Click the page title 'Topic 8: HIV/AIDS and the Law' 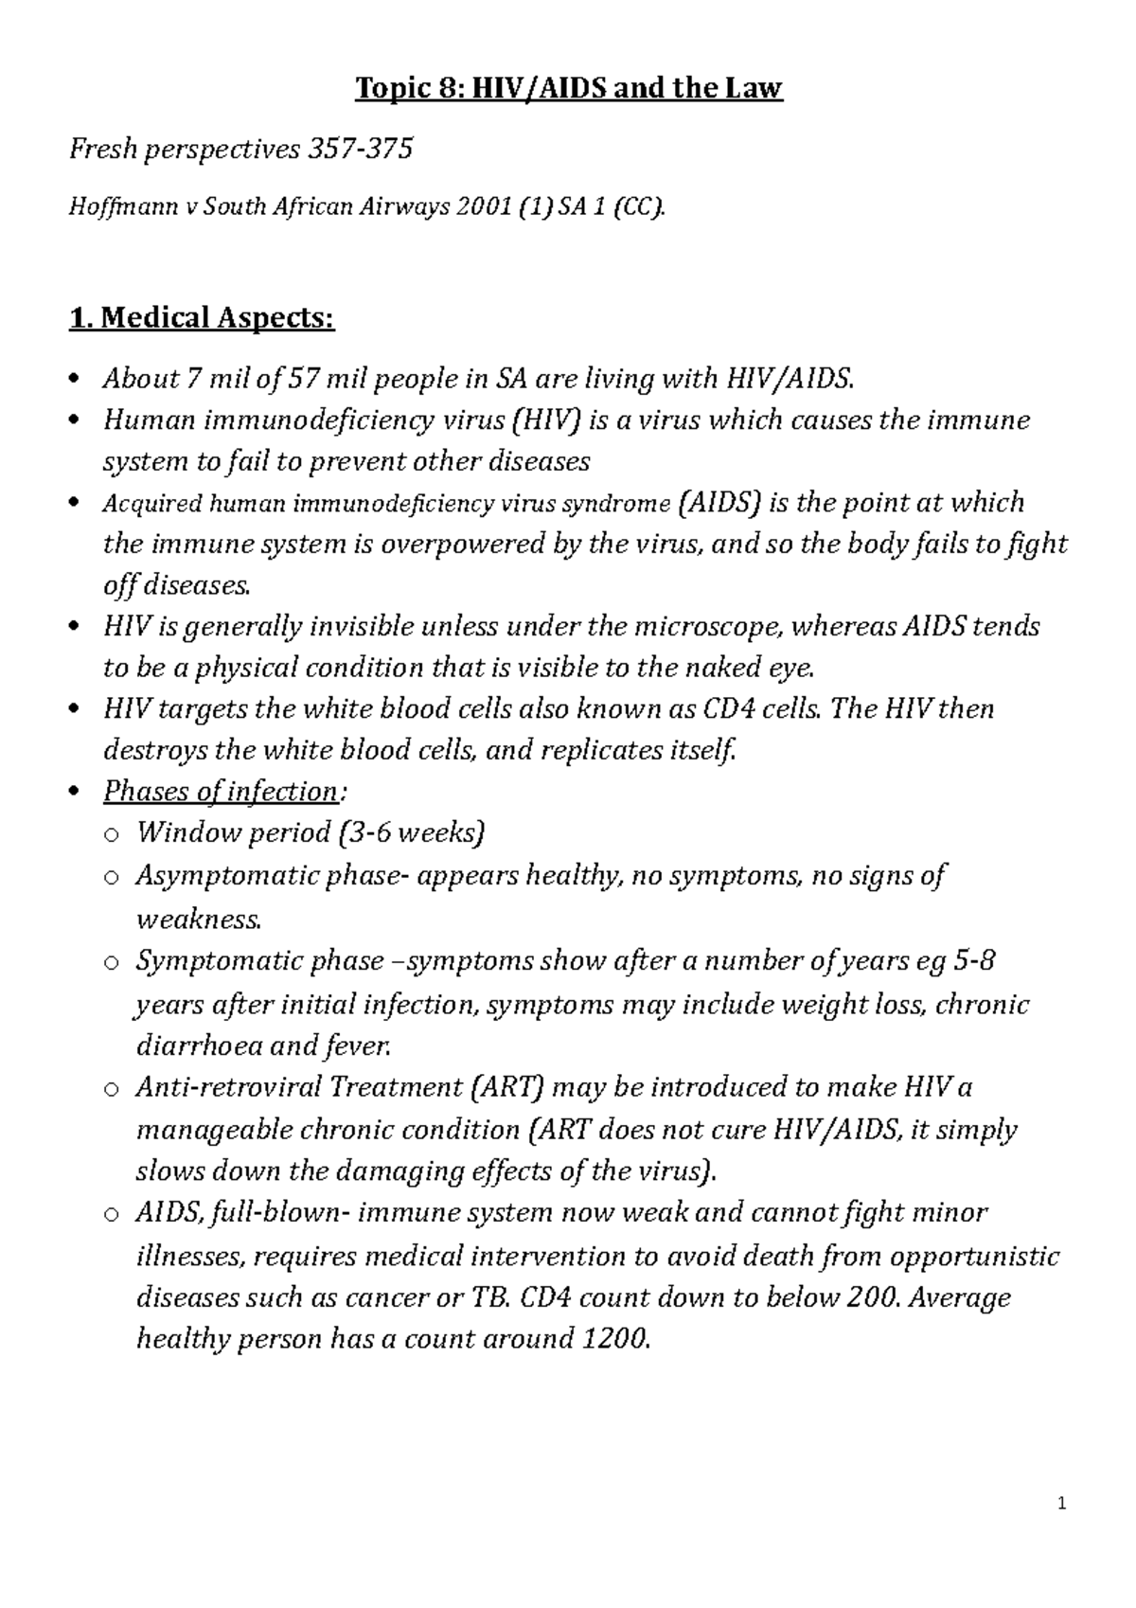coord(568,89)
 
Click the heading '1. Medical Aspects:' coord(202,318)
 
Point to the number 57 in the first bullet coord(303,379)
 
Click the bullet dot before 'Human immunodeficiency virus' coord(76,421)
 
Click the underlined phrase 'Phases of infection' coord(220,792)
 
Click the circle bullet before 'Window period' coord(111,835)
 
